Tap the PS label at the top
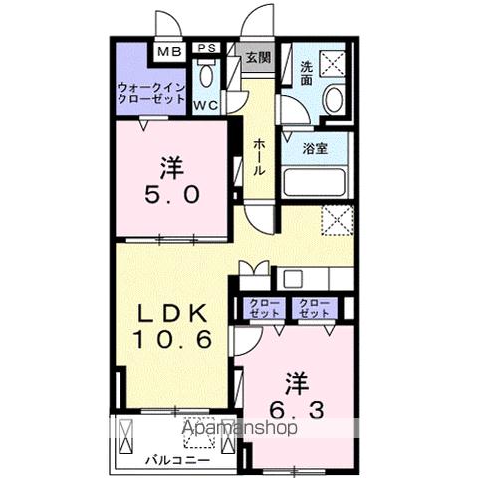[208, 48]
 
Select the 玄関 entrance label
[258, 57]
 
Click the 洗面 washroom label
[307, 73]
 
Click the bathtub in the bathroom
[314, 181]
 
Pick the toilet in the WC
[208, 76]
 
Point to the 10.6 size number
[174, 339]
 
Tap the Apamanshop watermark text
[240, 429]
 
